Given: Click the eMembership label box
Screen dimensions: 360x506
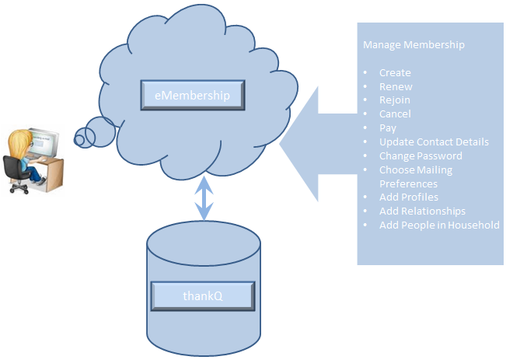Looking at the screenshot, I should (192, 95).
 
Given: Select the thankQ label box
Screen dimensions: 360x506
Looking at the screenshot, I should (202, 295).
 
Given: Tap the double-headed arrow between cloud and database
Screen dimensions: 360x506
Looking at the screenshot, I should (204, 198).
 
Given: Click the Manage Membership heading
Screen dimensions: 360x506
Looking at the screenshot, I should (414, 45).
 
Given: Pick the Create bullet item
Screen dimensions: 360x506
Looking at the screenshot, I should (395, 73).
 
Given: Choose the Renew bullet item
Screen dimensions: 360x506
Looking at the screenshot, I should (396, 87).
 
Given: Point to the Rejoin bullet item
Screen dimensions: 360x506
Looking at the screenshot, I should (395, 100).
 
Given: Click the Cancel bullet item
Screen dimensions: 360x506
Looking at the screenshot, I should (395, 114).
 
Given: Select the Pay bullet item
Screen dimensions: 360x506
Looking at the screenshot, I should (388, 128).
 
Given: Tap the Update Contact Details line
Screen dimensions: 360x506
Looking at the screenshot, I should (434, 142).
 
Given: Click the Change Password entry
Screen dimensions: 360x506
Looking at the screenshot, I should (421, 156).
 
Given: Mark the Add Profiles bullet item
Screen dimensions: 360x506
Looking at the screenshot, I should (409, 197).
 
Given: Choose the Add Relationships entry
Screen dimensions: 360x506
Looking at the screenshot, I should (422, 211).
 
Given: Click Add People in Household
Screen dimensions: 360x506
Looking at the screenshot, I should (439, 225).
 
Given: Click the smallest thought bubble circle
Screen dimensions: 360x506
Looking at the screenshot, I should (79, 140).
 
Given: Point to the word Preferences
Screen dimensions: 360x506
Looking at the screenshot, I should (408, 184).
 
